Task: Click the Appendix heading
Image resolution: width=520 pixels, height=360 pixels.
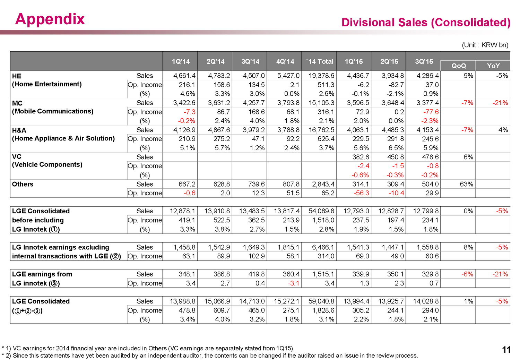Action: tap(50, 19)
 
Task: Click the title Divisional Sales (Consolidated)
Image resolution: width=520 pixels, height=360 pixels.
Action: tap(426, 23)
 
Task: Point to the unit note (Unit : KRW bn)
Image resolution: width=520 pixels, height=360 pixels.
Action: tap(485, 45)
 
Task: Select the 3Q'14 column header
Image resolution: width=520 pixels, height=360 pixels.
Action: tap(250, 61)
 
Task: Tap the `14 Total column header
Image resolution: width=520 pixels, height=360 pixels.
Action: tap(319, 61)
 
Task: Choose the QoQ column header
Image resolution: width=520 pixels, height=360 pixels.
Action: tap(458, 66)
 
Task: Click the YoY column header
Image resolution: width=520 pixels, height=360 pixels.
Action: tap(493, 66)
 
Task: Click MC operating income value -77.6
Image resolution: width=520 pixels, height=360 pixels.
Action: tap(431, 112)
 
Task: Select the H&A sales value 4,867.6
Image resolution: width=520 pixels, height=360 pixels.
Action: tap(219, 130)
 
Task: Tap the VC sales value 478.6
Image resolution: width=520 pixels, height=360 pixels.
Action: tap(430, 157)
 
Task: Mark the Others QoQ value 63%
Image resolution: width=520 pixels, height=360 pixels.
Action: tap(466, 184)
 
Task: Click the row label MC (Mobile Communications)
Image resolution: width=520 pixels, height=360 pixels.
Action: tap(53, 107)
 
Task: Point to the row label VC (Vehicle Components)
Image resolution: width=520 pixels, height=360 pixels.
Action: tap(47, 161)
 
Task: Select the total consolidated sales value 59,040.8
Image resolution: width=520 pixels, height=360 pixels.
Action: tap(321, 301)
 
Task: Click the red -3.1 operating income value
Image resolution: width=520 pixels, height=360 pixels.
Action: tap(294, 283)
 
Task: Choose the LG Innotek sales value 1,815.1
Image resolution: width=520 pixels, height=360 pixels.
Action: tap(288, 247)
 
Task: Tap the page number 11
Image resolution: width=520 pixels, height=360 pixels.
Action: tap(506, 350)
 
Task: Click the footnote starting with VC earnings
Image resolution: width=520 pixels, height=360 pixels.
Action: tap(149, 348)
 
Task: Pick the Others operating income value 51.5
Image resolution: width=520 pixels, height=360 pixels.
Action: tap(293, 193)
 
